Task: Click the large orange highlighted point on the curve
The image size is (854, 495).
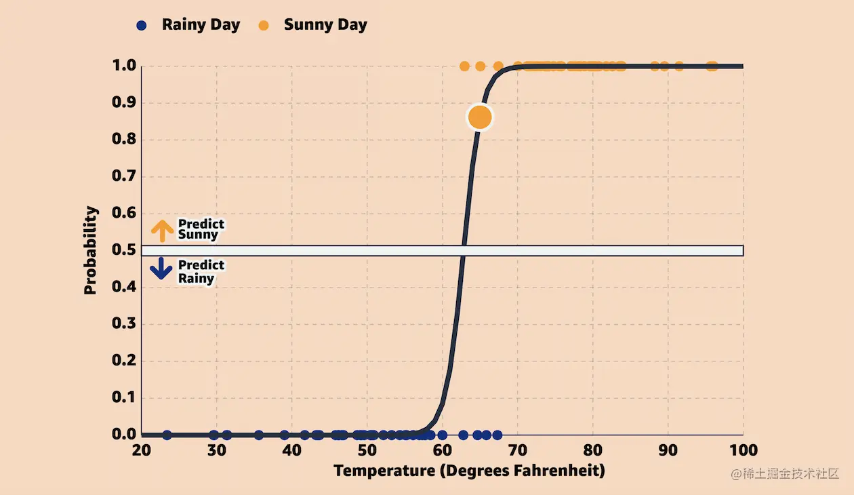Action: [479, 117]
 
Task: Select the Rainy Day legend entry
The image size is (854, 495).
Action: [189, 25]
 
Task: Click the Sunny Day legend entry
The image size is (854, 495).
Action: [314, 25]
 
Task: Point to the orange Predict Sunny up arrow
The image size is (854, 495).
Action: [162, 231]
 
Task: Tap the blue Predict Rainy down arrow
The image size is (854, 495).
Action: [162, 269]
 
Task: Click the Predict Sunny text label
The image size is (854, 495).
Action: [201, 229]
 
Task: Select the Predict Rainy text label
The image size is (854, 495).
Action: [201, 271]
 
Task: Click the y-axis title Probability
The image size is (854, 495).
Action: [91, 250]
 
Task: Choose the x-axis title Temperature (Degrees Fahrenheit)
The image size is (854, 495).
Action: [469, 471]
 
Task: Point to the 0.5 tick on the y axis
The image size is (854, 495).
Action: [124, 250]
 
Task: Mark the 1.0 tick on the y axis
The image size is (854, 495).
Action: [124, 66]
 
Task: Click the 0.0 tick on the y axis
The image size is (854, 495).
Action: [124, 434]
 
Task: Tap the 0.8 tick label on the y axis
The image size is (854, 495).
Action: [124, 140]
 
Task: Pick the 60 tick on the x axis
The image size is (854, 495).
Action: [442, 450]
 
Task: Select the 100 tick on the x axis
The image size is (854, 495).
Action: [744, 450]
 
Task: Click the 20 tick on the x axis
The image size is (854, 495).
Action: [141, 450]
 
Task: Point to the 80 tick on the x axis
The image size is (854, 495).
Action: [593, 450]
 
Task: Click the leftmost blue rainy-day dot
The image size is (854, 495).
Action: [167, 435]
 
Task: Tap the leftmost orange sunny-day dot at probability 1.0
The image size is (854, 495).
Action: [464, 66]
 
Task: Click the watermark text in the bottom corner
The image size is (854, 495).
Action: [785, 474]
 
